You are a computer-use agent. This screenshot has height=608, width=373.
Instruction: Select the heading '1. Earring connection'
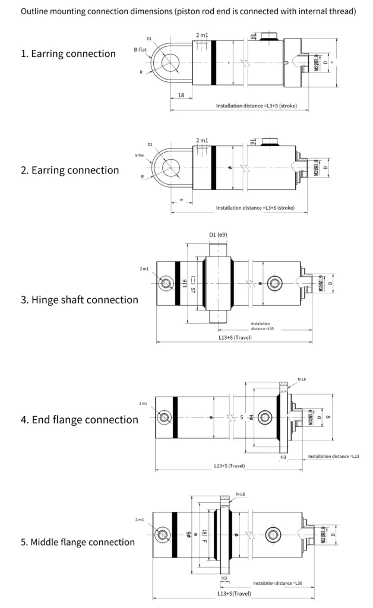(68, 53)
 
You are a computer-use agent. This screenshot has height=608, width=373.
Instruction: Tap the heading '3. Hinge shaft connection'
(80, 299)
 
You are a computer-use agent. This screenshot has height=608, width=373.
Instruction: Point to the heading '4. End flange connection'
(80, 420)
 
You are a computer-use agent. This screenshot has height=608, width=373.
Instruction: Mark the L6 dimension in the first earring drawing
(180, 96)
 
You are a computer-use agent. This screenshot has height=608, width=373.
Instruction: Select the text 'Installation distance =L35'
(262, 326)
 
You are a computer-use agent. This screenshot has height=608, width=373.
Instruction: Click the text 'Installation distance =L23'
(333, 456)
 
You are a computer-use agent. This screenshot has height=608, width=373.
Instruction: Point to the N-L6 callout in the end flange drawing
(301, 378)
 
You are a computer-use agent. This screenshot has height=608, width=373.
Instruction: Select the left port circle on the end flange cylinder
(163, 418)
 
